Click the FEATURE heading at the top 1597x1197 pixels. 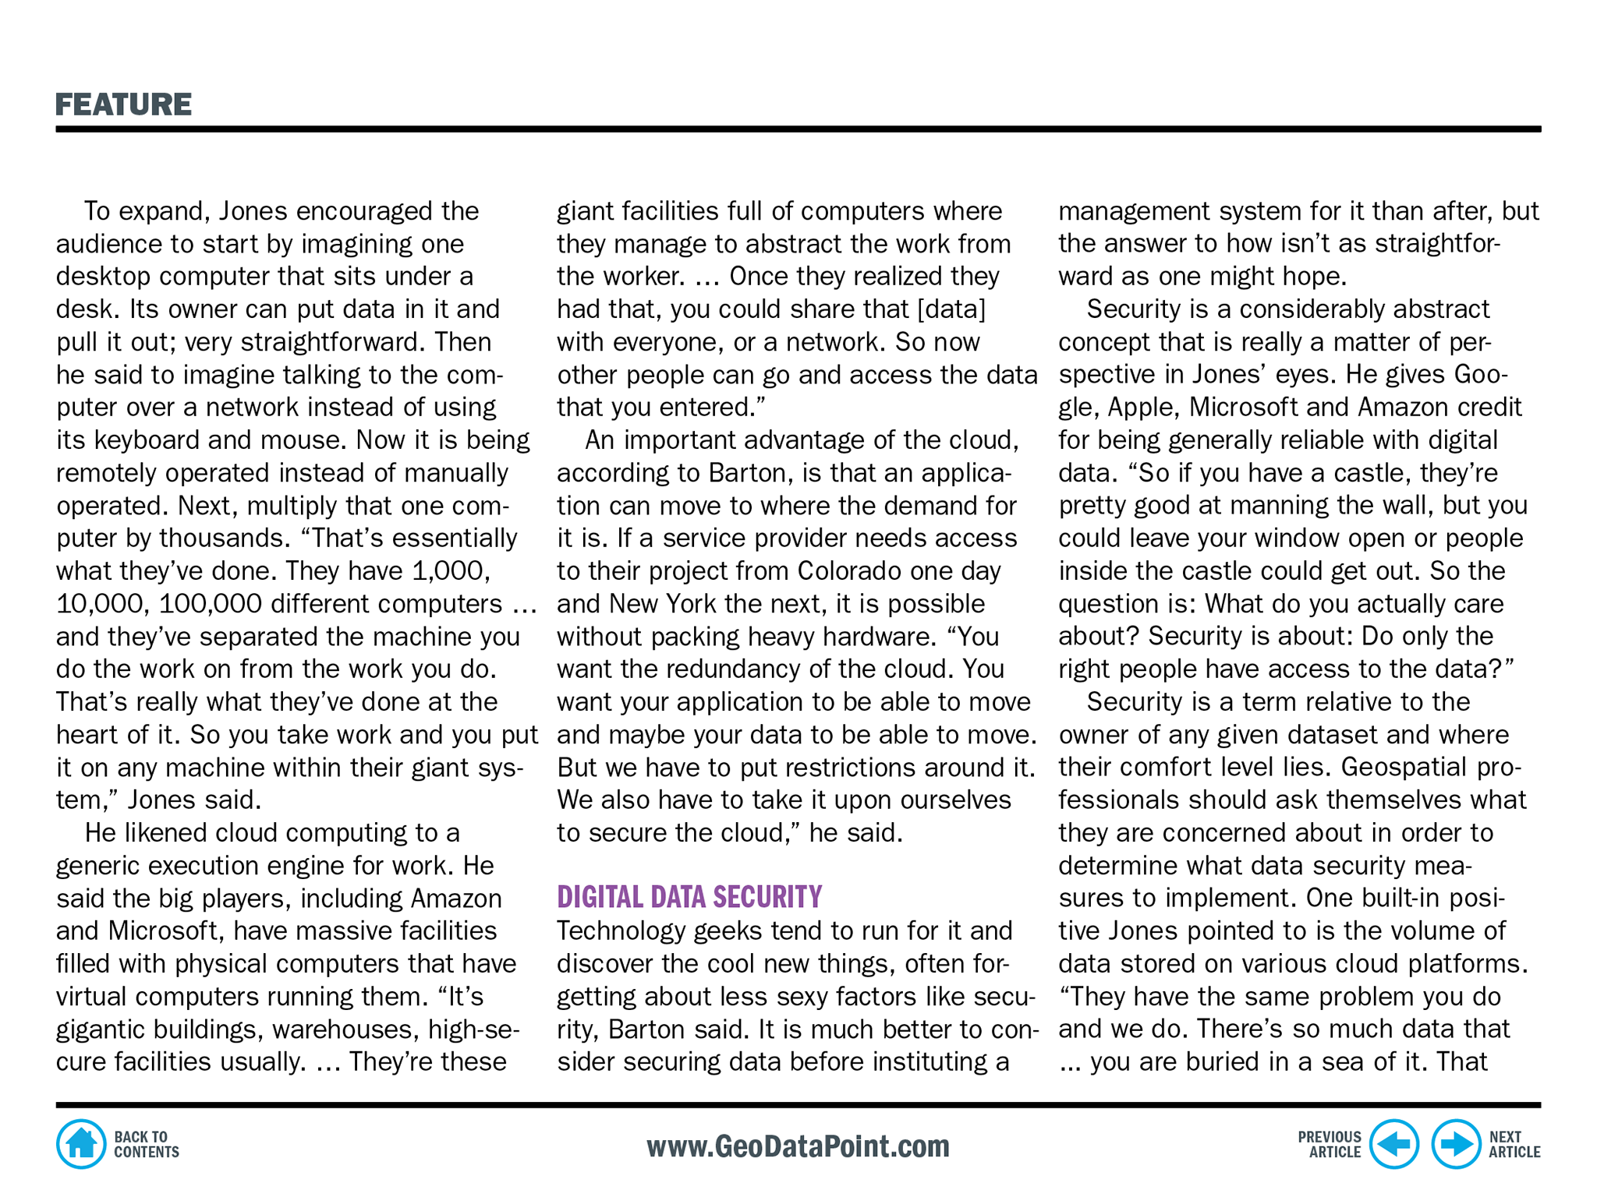123,104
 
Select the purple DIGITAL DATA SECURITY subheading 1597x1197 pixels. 689,897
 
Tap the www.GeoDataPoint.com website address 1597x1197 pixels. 798,1146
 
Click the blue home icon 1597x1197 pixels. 81,1144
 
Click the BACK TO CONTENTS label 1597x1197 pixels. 146,1144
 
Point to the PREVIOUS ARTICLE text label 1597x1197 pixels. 1329,1144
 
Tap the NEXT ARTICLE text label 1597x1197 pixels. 1514,1144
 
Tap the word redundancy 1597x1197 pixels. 716,669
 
